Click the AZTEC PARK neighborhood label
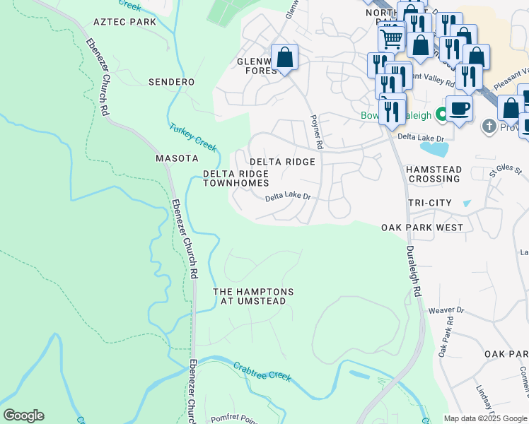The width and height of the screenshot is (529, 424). tap(124, 23)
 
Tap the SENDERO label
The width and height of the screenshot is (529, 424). tap(171, 82)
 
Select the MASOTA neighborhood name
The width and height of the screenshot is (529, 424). tap(175, 158)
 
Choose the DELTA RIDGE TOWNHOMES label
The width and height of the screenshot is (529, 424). tap(236, 178)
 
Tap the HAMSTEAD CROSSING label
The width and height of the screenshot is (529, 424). tap(433, 175)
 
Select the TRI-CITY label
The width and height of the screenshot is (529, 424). tap(429, 203)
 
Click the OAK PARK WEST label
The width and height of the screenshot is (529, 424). tap(422, 228)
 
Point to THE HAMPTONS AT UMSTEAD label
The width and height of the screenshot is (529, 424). tap(253, 296)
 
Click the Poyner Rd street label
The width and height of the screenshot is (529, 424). tap(315, 132)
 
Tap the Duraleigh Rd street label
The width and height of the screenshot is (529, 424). tap(413, 270)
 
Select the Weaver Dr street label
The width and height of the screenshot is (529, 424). tap(450, 310)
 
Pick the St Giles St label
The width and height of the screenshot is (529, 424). tap(505, 171)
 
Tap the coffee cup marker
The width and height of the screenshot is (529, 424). tap(459, 109)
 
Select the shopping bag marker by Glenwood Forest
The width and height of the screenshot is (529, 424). tap(284, 58)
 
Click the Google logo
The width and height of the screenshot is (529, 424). tap(23, 416)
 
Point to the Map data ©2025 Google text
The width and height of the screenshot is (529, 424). tap(484, 418)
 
